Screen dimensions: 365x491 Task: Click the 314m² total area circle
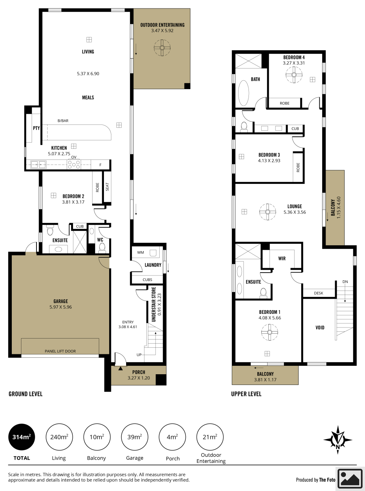21,437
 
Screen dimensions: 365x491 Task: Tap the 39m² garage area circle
135,437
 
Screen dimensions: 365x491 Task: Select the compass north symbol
337,440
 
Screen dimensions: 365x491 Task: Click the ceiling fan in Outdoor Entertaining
162,48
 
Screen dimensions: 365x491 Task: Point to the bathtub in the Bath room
243,93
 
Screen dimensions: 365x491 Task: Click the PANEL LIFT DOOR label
60,351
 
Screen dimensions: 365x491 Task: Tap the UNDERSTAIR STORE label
154,304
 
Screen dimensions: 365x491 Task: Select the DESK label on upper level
319,293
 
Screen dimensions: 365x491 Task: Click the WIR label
282,258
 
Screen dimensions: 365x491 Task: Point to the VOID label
320,327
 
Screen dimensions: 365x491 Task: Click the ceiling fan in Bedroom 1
270,332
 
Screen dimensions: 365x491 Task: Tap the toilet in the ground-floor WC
102,248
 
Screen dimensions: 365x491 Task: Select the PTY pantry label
36,128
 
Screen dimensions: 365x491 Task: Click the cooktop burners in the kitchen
74,165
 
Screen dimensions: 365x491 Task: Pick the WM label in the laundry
140,252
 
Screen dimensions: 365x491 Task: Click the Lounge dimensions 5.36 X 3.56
295,212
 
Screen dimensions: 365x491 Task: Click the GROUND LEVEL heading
25,394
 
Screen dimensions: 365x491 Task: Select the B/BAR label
63,121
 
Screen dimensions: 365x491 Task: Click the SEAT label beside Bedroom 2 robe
107,187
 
